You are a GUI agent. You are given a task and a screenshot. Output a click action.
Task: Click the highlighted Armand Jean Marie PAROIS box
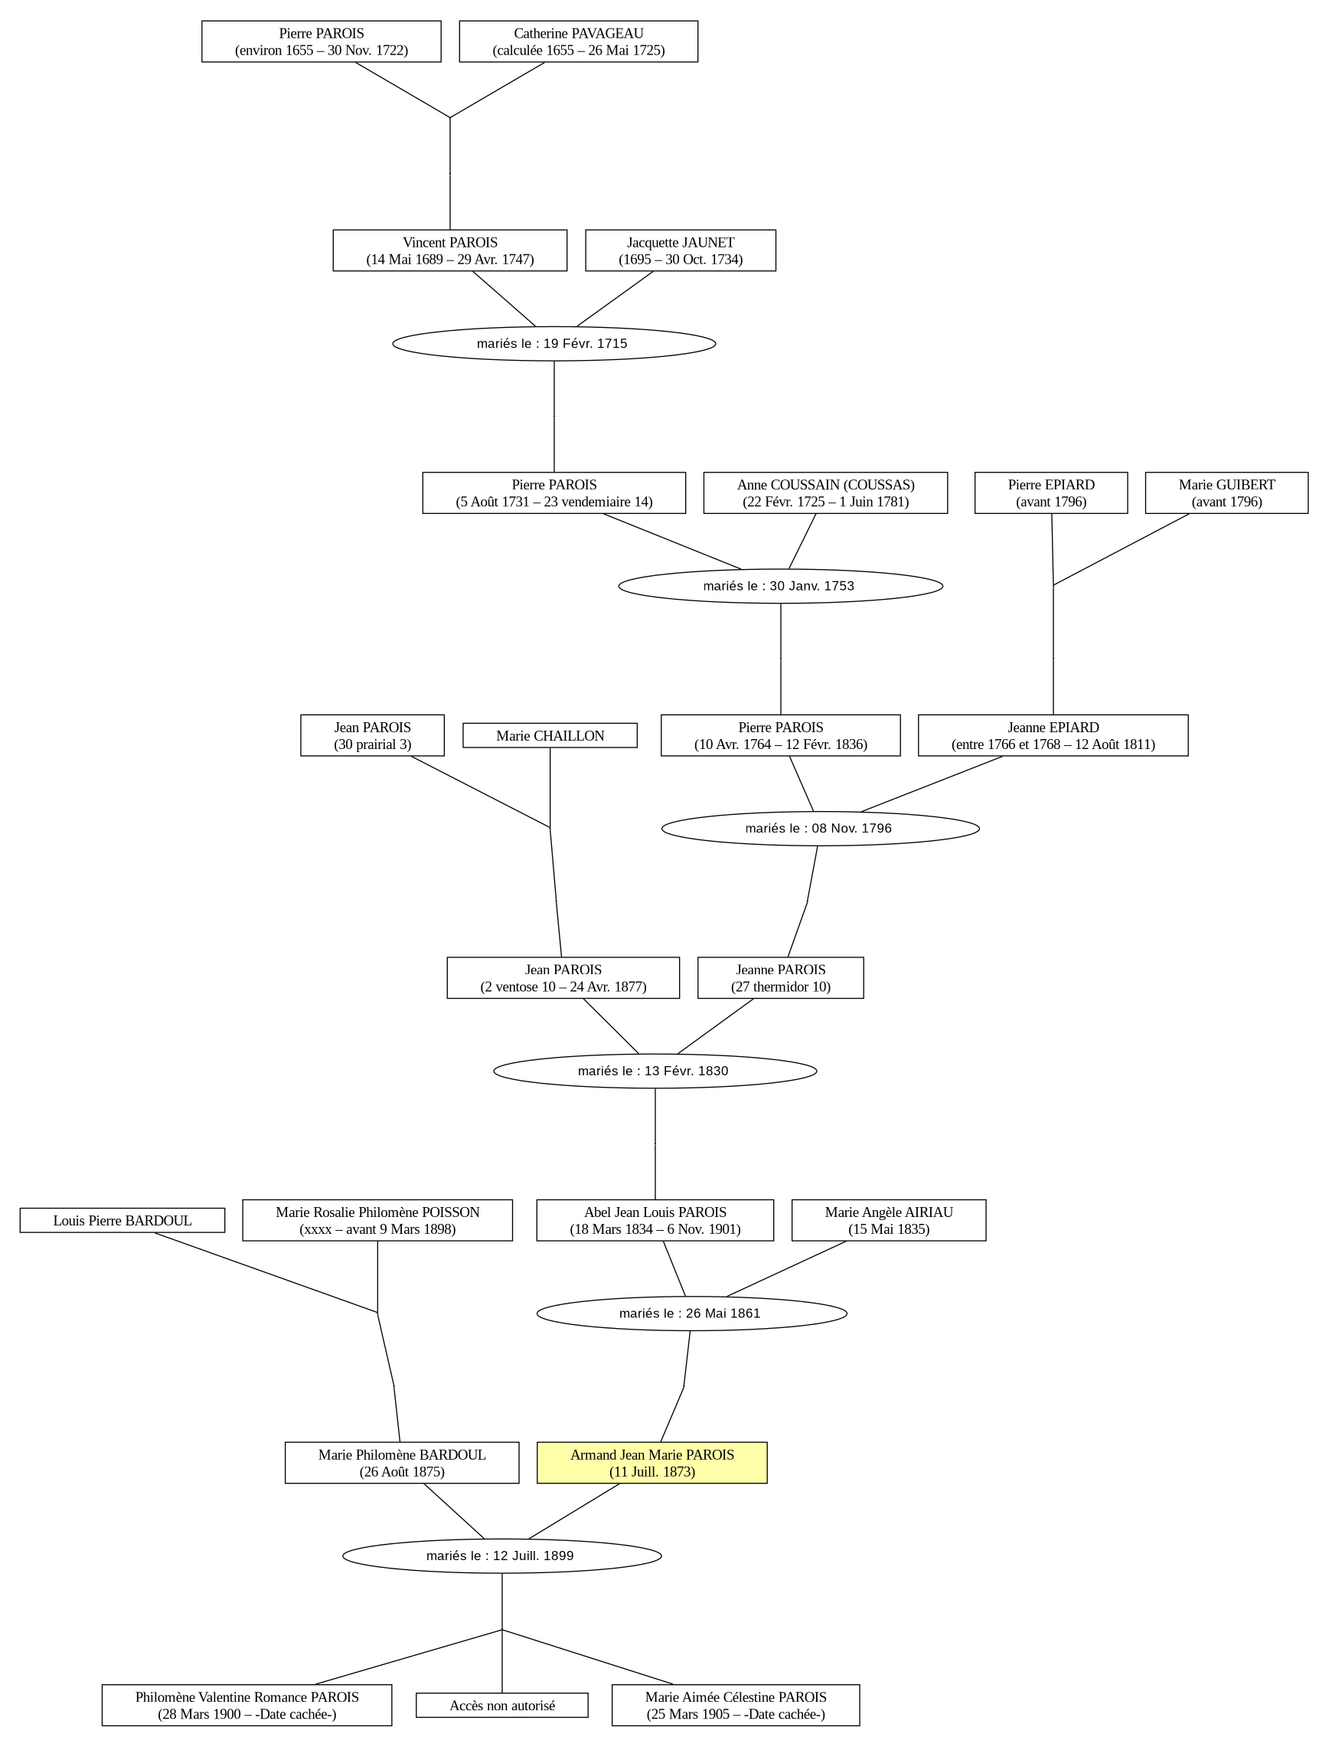(x=651, y=1463)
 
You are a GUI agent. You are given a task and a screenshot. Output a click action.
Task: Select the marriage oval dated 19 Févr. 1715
(x=553, y=343)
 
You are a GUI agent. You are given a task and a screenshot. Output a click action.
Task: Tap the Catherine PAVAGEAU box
(x=578, y=41)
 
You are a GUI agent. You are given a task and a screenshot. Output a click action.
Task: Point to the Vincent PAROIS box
(x=450, y=250)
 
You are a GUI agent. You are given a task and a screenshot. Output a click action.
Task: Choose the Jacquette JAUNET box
(x=681, y=250)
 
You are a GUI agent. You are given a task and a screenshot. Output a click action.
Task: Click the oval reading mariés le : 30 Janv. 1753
(x=781, y=586)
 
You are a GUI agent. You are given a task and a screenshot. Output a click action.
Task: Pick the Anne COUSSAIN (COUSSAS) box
(x=825, y=493)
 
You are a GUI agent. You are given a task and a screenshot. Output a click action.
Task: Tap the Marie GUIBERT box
(x=1226, y=493)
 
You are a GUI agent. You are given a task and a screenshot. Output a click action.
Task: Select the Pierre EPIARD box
(x=1051, y=493)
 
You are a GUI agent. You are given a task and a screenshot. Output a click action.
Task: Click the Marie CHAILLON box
(x=550, y=735)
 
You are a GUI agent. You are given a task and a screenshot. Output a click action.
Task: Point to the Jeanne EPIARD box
(x=1053, y=735)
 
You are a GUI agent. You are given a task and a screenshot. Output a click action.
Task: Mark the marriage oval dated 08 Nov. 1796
(x=821, y=829)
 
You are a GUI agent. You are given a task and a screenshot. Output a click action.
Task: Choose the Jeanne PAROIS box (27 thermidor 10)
(x=781, y=978)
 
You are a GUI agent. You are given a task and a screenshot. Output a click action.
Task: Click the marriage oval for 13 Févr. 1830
(x=655, y=1071)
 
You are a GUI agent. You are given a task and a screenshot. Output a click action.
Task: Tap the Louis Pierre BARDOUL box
(x=122, y=1220)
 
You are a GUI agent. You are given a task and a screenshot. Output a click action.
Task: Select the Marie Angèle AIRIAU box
(x=888, y=1220)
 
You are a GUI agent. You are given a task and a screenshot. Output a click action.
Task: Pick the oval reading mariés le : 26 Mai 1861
(x=692, y=1314)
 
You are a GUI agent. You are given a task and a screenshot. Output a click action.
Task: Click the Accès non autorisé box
(x=502, y=1705)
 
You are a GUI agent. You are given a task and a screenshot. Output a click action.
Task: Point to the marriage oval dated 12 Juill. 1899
(x=502, y=1556)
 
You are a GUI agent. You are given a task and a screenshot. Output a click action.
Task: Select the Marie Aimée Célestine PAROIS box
(x=736, y=1705)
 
